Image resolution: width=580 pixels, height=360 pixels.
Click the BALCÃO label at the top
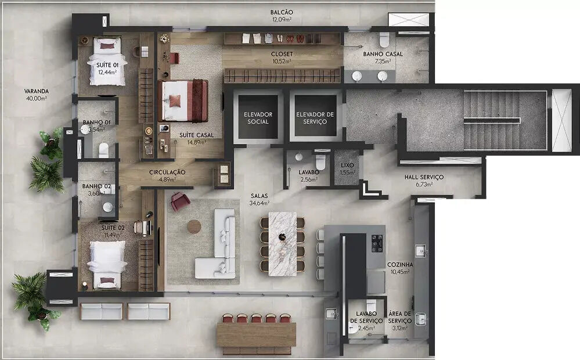pyautogui.click(x=282, y=12)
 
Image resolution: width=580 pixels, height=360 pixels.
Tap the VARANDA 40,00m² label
pyautogui.click(x=36, y=95)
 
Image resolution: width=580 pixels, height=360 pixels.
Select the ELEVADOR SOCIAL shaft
pyautogui.click(x=258, y=117)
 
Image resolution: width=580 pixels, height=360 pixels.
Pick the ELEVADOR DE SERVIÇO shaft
pyautogui.click(x=315, y=117)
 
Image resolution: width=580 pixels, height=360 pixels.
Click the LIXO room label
pyautogui.click(x=347, y=165)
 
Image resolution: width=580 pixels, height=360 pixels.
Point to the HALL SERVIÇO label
pyautogui.click(x=424, y=177)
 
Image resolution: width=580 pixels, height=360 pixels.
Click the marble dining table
pyautogui.click(x=282, y=244)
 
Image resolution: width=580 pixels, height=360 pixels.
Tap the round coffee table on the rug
pyautogui.click(x=194, y=227)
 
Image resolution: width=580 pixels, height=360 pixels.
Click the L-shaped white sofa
pyautogui.click(x=218, y=248)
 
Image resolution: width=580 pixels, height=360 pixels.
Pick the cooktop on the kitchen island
pyautogui.click(x=377, y=243)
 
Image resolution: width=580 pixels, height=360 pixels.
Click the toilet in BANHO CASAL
pyautogui.click(x=384, y=40)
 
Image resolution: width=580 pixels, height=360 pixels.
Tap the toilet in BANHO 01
pyautogui.click(x=103, y=150)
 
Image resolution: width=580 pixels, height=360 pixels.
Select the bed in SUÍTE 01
pyautogui.click(x=107, y=61)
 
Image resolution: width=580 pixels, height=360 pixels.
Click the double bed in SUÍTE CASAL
pyautogui.click(x=182, y=100)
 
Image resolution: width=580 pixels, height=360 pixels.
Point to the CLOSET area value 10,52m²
pyautogui.click(x=282, y=62)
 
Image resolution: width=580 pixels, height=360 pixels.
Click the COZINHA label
pyautogui.click(x=400, y=265)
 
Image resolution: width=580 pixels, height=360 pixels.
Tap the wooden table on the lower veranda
pyautogui.click(x=257, y=334)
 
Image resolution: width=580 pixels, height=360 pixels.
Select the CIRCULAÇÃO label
pyautogui.click(x=167, y=172)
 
